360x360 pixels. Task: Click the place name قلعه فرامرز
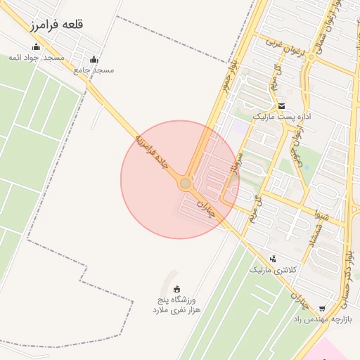pos(57,25)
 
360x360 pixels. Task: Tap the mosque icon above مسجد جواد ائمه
pos(36,47)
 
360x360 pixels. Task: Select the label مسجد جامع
pos(98,70)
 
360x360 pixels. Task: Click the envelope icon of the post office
pos(281,105)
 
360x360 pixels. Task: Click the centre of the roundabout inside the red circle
pos(185,184)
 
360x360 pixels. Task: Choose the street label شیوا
pos(321,213)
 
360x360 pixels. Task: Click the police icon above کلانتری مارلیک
pos(273,259)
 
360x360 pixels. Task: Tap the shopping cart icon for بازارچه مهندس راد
pos(322,309)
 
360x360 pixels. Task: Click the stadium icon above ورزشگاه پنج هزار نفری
pos(176,288)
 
